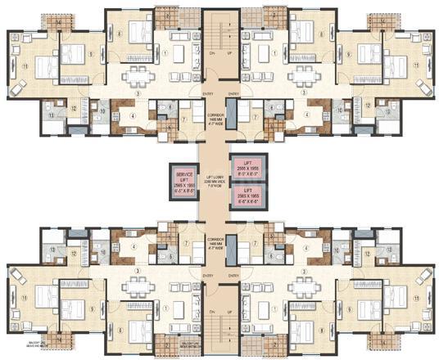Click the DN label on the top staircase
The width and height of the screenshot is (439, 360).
tap(210, 53)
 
